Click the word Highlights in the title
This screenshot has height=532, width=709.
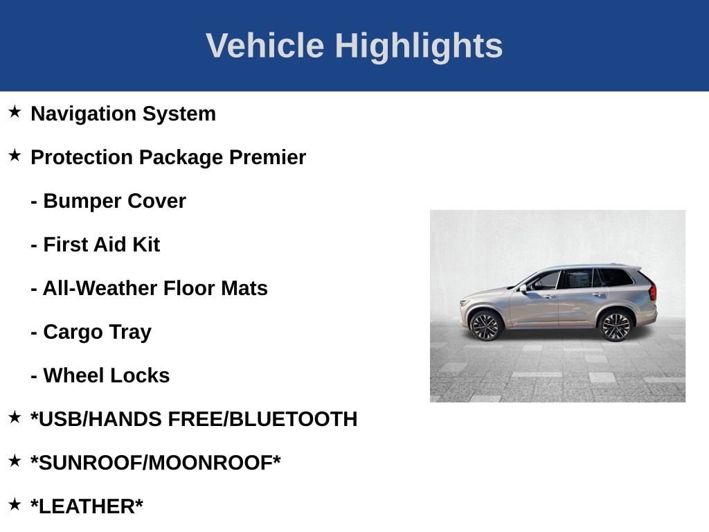click(x=418, y=46)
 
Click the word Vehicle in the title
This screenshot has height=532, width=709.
click(x=264, y=46)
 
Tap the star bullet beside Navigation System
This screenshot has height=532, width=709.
click(x=15, y=112)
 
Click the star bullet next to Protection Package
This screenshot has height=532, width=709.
click(x=15, y=156)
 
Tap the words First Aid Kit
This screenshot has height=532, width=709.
click(x=101, y=245)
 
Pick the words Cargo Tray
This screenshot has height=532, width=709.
click(x=97, y=332)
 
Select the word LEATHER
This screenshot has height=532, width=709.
click(x=87, y=506)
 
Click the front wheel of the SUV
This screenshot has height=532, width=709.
click(x=485, y=326)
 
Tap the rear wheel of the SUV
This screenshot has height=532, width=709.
click(x=615, y=326)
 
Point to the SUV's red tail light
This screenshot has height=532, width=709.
click(x=652, y=292)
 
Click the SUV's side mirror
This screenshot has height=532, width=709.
click(x=524, y=287)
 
